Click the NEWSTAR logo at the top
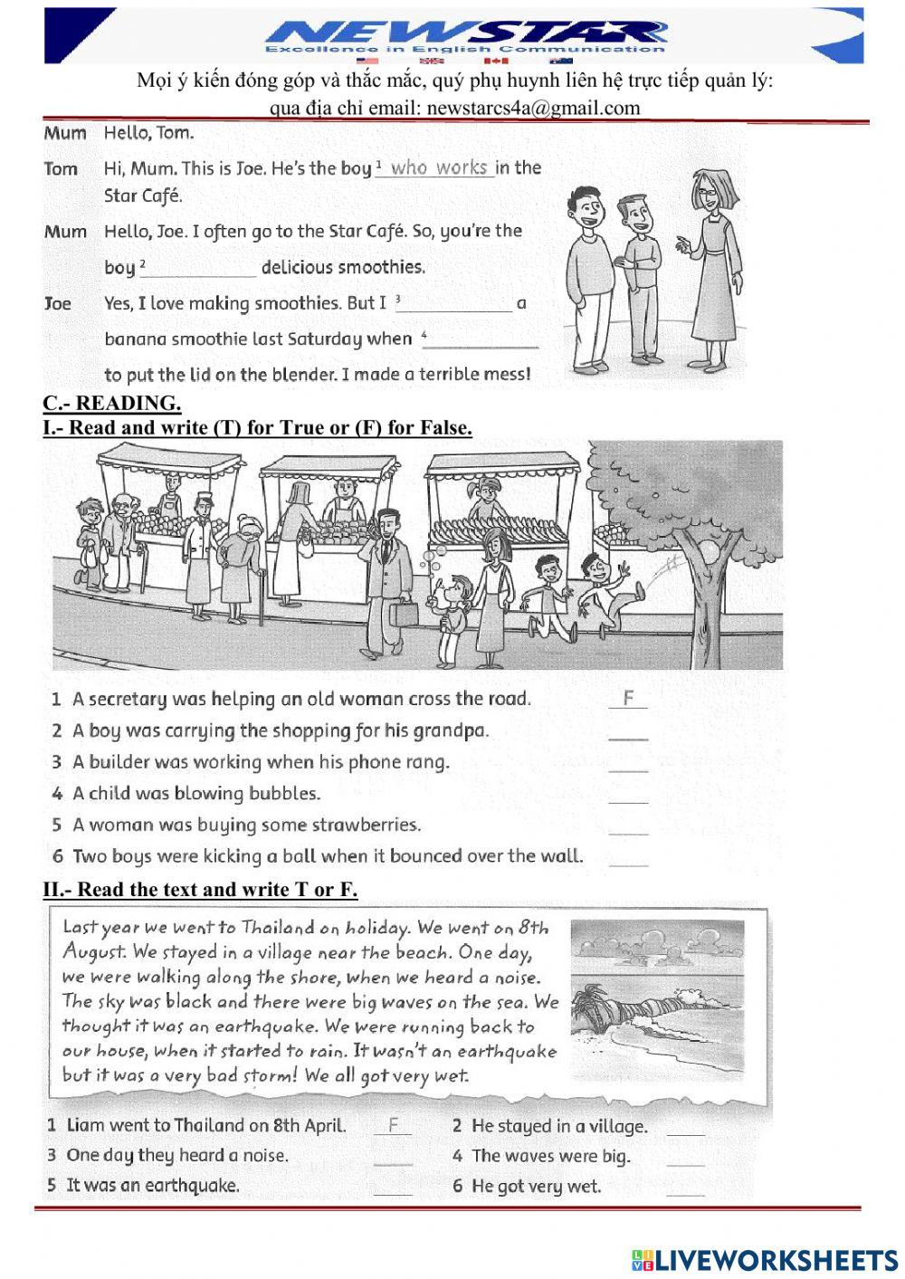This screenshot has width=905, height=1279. pos(465,35)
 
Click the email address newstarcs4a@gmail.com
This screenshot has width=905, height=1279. pos(532,108)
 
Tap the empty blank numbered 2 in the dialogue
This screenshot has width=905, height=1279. pos(202,268)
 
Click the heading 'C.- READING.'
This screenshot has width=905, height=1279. pos(111,404)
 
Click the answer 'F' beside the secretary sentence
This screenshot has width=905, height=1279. pos(628,698)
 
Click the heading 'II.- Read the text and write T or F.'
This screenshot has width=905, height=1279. pos(200,890)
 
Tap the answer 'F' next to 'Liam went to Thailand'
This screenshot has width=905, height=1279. pos(393,1125)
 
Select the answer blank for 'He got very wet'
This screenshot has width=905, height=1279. pos(685,1187)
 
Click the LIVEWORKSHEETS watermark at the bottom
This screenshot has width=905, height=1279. pos(764,1260)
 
